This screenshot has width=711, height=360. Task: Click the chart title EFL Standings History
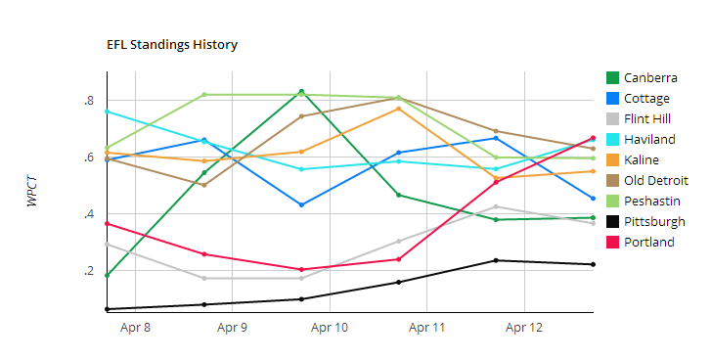coord(171,45)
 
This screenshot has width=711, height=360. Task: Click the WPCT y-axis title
coord(33,193)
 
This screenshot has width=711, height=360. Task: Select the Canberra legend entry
coord(650,78)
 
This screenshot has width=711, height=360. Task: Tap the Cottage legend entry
coord(646,99)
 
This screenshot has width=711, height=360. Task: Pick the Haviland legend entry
coord(649,140)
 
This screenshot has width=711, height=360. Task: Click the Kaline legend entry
coord(642,160)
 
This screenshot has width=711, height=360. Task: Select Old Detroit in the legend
coord(655,181)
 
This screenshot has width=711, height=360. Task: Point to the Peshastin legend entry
coord(651,202)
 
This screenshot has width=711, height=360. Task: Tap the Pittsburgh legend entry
coord(654,222)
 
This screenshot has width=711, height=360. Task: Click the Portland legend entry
coord(648,243)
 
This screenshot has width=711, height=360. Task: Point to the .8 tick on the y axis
coord(88,101)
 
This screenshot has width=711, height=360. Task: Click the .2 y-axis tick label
coord(88,271)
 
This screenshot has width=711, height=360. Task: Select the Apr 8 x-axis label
coord(135,328)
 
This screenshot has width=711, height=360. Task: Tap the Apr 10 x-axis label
coord(331,328)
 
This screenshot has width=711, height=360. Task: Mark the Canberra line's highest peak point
coord(301,91)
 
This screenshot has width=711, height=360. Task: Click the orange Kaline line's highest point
coord(398,109)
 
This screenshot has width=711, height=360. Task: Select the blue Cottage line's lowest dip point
coord(301,204)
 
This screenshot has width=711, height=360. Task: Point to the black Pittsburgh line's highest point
coord(496,260)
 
